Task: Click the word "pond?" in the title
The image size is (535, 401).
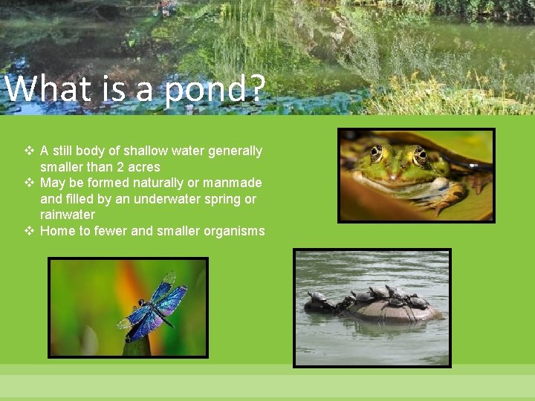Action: point(215,91)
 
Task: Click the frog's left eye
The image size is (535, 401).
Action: point(377,153)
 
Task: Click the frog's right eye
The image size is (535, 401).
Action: point(421,156)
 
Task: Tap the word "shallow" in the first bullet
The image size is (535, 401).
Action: point(147,151)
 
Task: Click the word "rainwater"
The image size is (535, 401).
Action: point(68,215)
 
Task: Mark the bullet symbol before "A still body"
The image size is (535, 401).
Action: point(29,151)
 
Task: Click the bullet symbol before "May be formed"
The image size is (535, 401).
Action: point(29,183)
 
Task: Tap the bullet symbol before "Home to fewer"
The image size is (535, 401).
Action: point(29,231)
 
